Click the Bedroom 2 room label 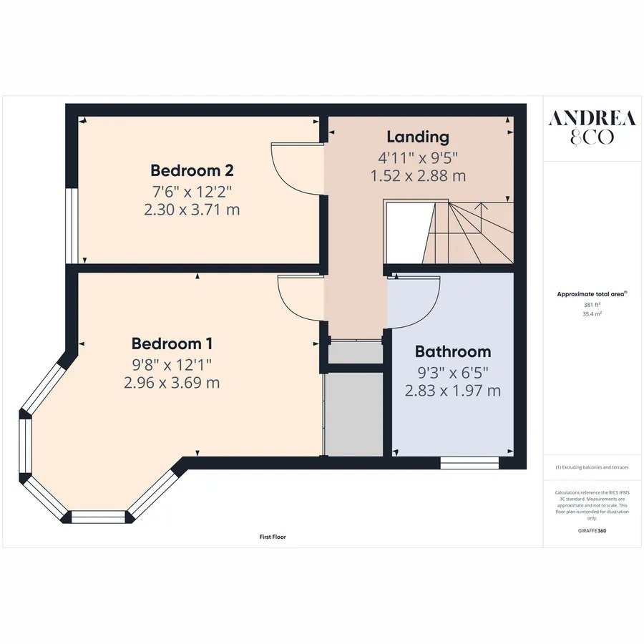click(x=192, y=170)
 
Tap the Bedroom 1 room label click(x=172, y=343)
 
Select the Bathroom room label click(x=453, y=351)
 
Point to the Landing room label click(x=418, y=137)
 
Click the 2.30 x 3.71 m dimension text click(x=192, y=210)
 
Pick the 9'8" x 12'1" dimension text click(x=172, y=364)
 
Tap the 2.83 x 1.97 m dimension click(x=453, y=390)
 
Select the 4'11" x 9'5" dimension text click(x=418, y=157)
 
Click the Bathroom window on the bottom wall click(x=469, y=463)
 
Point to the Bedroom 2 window click(x=72, y=225)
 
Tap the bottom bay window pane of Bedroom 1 click(x=98, y=517)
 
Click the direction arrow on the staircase click(x=479, y=218)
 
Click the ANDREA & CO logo click(x=592, y=128)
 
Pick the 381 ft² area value click(x=592, y=305)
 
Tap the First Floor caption click(x=273, y=537)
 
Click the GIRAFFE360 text click(x=592, y=531)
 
